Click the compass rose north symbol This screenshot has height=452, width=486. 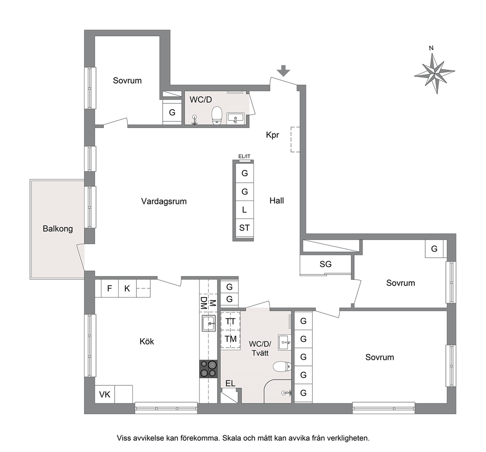point(435,74)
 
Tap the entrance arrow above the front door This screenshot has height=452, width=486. point(284,71)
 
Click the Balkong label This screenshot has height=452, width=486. point(58,228)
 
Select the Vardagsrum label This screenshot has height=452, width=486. point(164,201)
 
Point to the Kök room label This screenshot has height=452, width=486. point(146,341)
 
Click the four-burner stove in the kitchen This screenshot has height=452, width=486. point(208,369)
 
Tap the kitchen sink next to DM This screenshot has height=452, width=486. point(209,323)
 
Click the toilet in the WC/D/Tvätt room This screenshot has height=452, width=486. point(282,367)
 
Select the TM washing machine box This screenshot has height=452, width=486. point(231,339)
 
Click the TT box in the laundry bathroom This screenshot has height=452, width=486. point(231,321)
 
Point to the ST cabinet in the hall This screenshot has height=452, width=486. point(244,227)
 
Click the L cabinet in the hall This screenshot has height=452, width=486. point(244,210)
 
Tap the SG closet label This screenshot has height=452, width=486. point(325,264)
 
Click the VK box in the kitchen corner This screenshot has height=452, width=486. point(105,394)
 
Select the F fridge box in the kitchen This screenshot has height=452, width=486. point(110,289)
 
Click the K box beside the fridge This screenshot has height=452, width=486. point(127,289)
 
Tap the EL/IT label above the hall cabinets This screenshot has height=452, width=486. point(244,157)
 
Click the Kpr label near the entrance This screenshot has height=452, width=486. point(272,135)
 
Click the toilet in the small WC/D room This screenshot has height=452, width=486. point(217,115)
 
